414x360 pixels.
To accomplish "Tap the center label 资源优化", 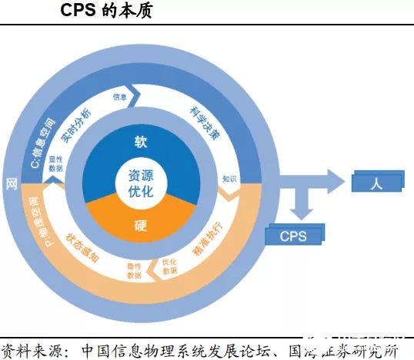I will click(141, 182).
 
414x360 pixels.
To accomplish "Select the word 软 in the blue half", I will click(140, 142).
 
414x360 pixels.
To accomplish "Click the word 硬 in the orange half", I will click(140, 226).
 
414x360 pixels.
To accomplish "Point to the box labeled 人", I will click(376, 182).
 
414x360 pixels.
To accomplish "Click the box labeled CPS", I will click(292, 235).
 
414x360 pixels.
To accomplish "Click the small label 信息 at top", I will click(119, 97).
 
